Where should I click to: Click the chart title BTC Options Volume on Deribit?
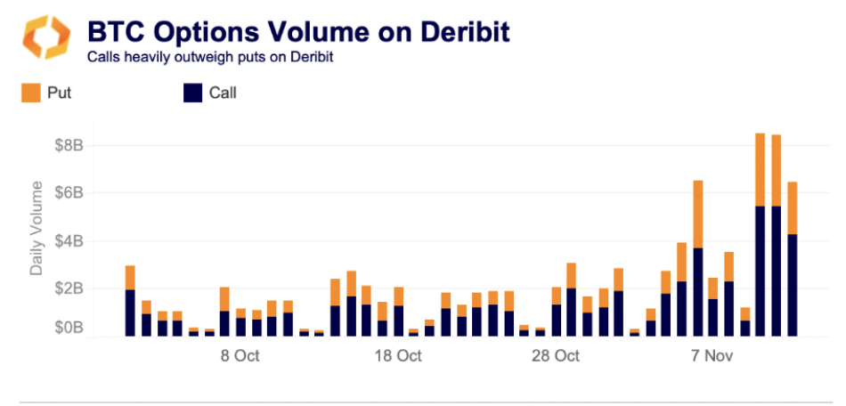tap(298, 32)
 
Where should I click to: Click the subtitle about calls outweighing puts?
tap(210, 58)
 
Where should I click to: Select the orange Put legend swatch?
tap(31, 93)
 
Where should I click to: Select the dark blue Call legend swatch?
tap(191, 93)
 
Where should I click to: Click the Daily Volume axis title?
tap(37, 227)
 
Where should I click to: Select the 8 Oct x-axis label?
tap(240, 357)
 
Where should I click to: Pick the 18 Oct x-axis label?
tap(397, 357)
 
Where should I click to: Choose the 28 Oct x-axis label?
tap(556, 357)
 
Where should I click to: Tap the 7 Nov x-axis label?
tap(713, 357)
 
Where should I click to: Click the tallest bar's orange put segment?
tap(761, 169)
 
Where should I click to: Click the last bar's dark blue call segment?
tap(793, 285)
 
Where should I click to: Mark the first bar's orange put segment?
tap(130, 277)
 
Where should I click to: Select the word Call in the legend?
tap(223, 93)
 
